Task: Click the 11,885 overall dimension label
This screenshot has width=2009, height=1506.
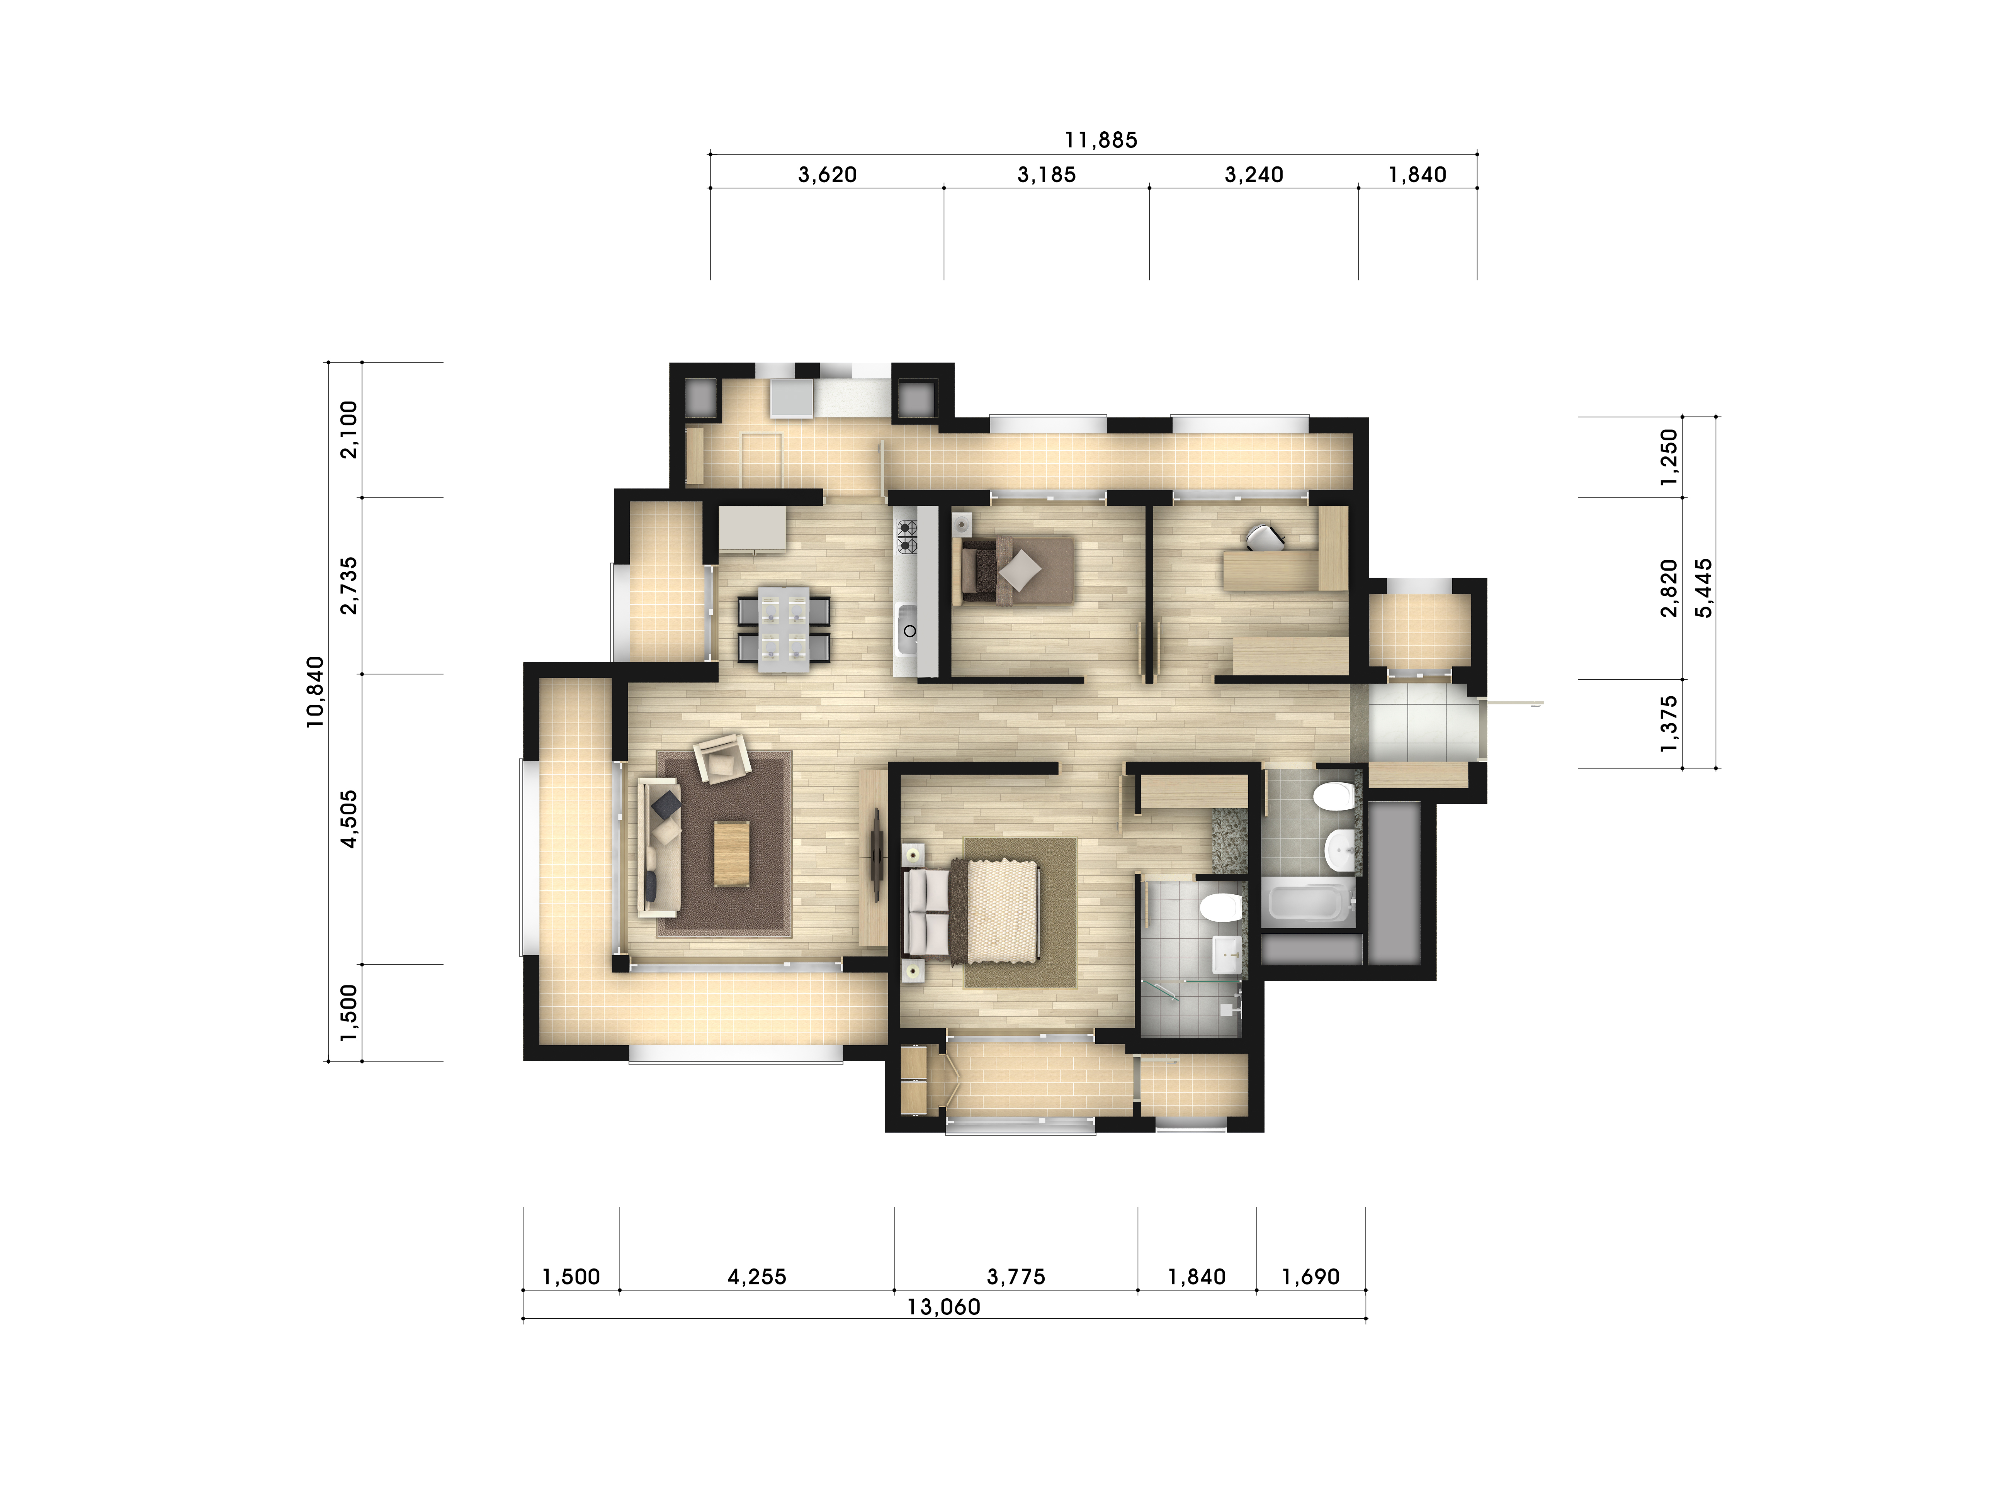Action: (x=1101, y=140)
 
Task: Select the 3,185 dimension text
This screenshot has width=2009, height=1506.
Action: (x=1046, y=174)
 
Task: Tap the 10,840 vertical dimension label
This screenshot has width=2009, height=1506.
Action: (x=314, y=692)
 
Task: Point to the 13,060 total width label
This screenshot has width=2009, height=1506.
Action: (x=943, y=1307)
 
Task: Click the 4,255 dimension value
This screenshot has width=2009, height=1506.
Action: (x=756, y=1277)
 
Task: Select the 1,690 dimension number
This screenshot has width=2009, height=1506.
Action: (x=1310, y=1277)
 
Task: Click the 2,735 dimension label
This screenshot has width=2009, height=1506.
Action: (x=349, y=585)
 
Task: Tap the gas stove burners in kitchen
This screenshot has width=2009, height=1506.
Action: (x=906, y=536)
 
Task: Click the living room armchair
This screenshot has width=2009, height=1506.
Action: (x=722, y=758)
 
